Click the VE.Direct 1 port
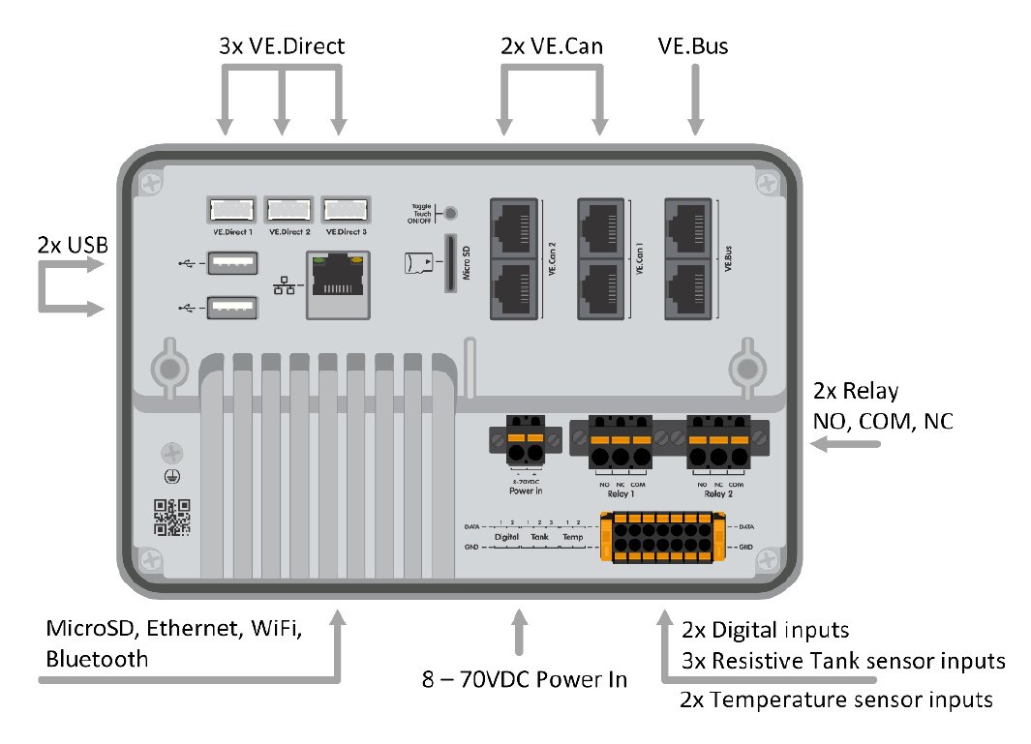[x=230, y=209]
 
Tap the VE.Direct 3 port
[x=346, y=209]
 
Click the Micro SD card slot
[x=450, y=262]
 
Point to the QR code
[x=171, y=517]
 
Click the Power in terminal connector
[x=525, y=445]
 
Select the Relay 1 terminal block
[x=611, y=445]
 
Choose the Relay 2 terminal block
[x=717, y=445]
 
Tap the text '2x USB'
[x=73, y=245]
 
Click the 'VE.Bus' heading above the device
[x=692, y=45]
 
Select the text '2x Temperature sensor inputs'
[x=837, y=699]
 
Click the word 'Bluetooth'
[x=98, y=659]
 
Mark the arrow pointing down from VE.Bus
[x=694, y=102]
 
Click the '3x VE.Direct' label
[x=282, y=45]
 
